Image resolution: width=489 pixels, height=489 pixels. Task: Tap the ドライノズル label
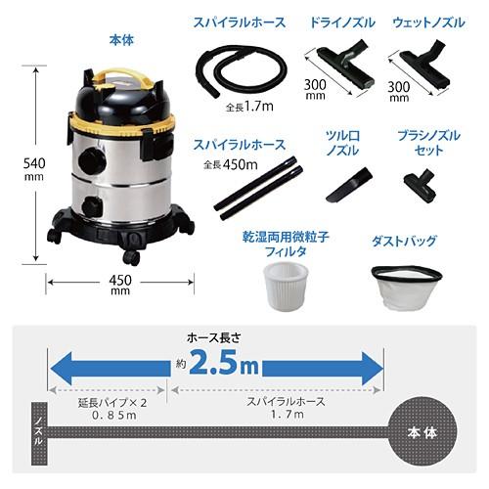pyautogui.click(x=336, y=22)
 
